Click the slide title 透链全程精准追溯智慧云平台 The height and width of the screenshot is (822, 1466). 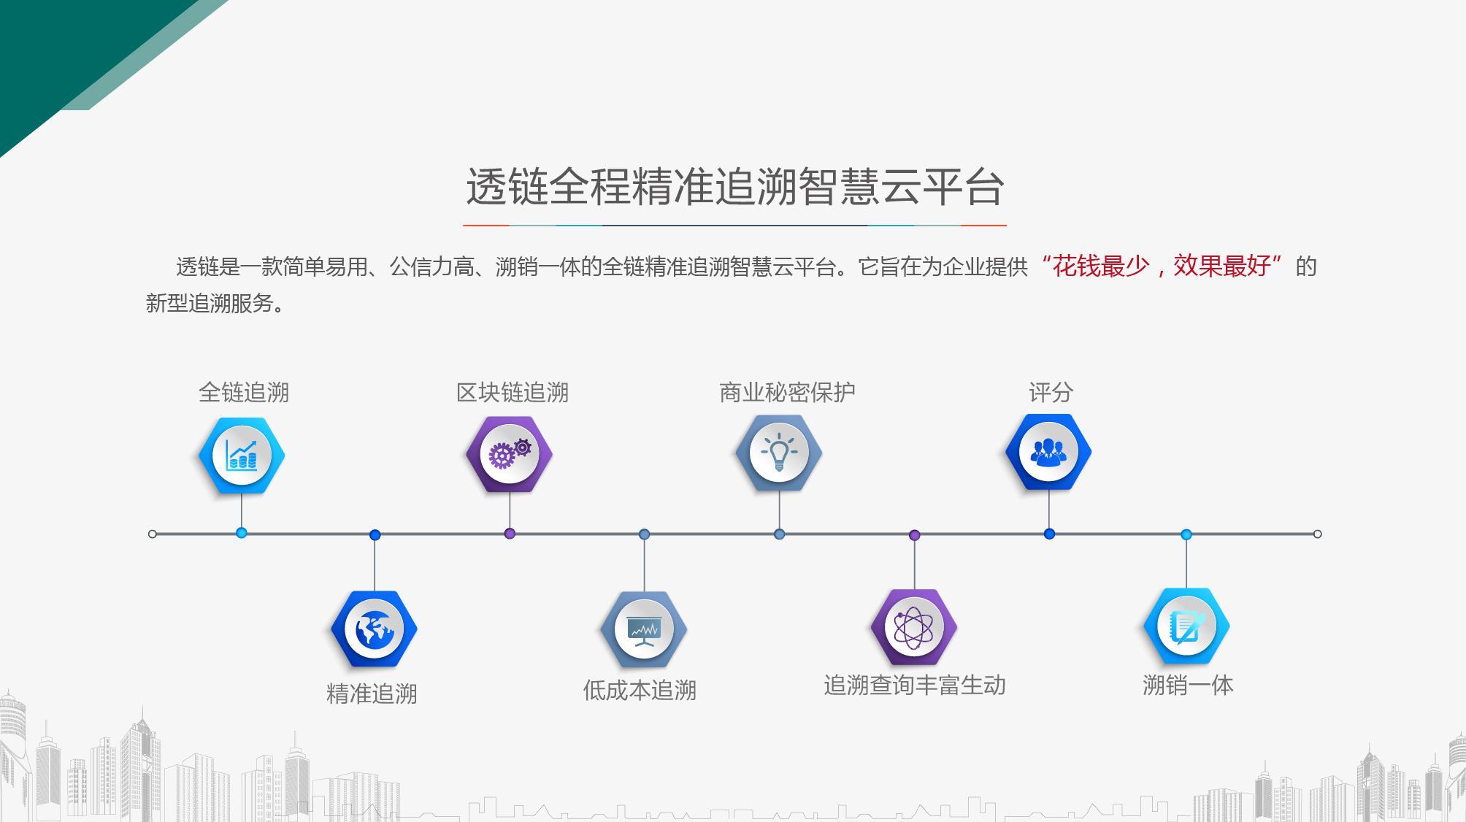pyautogui.click(x=735, y=187)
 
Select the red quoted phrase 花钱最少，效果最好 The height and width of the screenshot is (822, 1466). pyautogui.click(x=1161, y=266)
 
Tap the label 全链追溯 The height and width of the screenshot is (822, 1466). pyautogui.click(x=244, y=393)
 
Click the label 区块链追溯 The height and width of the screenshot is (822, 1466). pyautogui.click(x=513, y=393)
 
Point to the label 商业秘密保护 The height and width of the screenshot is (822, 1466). pyautogui.click(x=787, y=393)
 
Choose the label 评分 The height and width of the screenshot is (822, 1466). pyautogui.click(x=1051, y=393)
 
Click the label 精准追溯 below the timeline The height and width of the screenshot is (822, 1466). pyautogui.click(x=372, y=694)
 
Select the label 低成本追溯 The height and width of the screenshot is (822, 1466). pyautogui.click(x=640, y=691)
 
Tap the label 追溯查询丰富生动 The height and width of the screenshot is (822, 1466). pyautogui.click(x=915, y=685)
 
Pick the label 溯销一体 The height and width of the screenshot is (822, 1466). pyautogui.click(x=1188, y=685)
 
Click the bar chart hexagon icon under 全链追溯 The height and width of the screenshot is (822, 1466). pyautogui.click(x=242, y=456)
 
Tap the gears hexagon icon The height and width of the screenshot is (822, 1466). pyautogui.click(x=510, y=454)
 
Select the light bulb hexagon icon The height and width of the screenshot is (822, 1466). pyautogui.click(x=779, y=453)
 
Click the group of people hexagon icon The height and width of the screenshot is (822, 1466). pyautogui.click(x=1048, y=452)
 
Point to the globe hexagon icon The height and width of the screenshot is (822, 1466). pyautogui.click(x=374, y=629)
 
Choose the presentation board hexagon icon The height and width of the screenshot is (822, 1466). pyautogui.click(x=644, y=629)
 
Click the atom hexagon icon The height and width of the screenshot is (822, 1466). pyautogui.click(x=914, y=627)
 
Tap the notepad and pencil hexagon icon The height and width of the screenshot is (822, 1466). pyautogui.click(x=1186, y=626)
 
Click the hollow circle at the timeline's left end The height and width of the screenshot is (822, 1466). pyautogui.click(x=152, y=534)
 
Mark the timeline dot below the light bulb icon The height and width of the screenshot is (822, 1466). pyautogui.click(x=779, y=534)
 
